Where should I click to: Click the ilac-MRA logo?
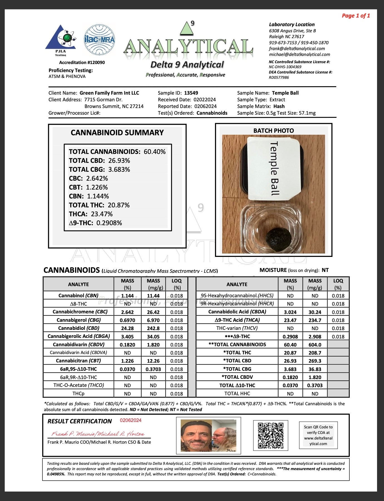pos(99,40)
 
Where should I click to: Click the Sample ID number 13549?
pos(191,93)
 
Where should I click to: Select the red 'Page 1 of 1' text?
pos(356,16)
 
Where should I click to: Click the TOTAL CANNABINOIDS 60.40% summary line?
pos(117,152)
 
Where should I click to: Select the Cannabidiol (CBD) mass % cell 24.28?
pos(127,328)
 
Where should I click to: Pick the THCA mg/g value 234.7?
pos(315,320)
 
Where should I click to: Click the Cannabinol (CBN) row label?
pos(78,296)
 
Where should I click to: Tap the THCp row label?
pos(78,394)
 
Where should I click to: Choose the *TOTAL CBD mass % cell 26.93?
pos(290,361)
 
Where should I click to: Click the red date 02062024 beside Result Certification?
pos(131,420)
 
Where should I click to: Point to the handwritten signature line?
pos(98,434)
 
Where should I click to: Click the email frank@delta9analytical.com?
pos(297,48)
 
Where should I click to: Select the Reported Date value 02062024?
pos(205,106)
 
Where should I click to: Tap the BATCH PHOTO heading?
pos(273,131)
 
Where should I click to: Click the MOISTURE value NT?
pos(325,270)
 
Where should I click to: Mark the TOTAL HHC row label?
pos(237,394)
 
